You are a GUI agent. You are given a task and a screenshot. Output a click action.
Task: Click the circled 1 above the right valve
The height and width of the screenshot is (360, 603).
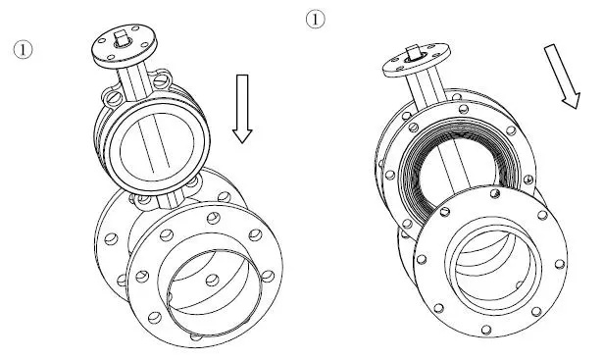(x=314, y=19)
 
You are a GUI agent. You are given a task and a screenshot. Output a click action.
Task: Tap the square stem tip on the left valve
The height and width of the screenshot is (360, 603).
(x=123, y=40)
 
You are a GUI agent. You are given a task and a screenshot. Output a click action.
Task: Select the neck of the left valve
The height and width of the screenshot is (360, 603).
(x=133, y=78)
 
